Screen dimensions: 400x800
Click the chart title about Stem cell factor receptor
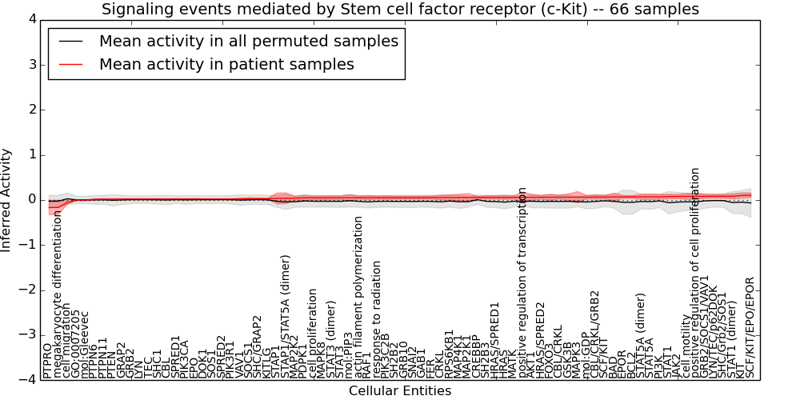pyautogui.click(x=400, y=10)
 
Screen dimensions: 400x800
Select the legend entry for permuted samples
pyautogui.click(x=248, y=42)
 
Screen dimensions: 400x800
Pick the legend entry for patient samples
pyautogui.click(x=226, y=64)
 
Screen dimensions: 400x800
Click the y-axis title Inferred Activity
pyautogui.click(x=7, y=199)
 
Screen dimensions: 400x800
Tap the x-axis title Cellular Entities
pyautogui.click(x=400, y=390)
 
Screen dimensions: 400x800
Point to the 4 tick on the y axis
pyautogui.click(x=30, y=19)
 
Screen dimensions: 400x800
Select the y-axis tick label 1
pyautogui.click(x=30, y=154)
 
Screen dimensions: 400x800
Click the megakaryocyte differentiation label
pyautogui.click(x=57, y=296)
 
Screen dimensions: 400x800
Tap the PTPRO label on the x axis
pyautogui.click(x=48, y=359)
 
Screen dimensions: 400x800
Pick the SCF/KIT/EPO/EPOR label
pyautogui.click(x=750, y=328)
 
